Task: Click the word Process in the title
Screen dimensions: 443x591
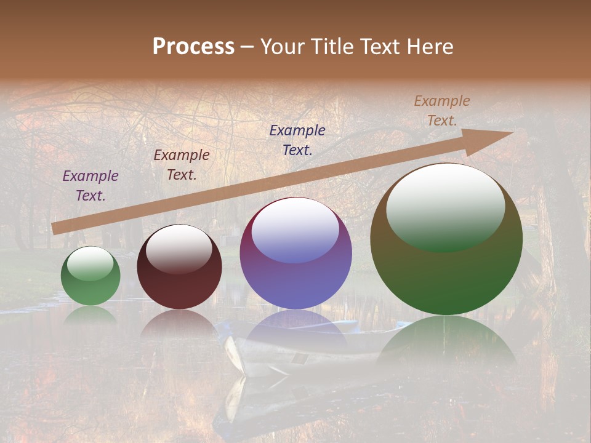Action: click(193, 47)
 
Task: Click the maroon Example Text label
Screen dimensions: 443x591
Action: click(182, 165)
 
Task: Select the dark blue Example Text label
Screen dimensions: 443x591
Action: click(297, 140)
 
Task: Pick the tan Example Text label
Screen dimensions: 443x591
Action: click(442, 111)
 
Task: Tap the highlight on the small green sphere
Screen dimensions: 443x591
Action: click(90, 263)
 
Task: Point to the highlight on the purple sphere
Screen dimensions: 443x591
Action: click(295, 231)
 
